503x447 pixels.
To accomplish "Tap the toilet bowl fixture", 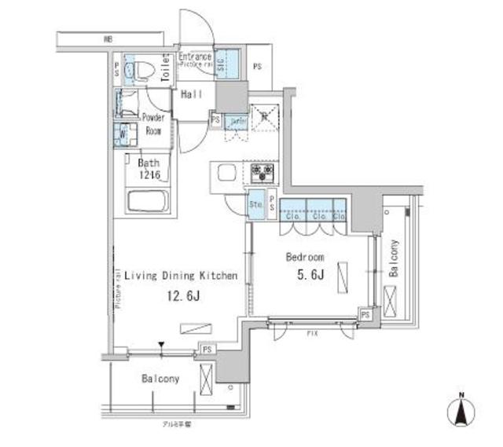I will click(138, 69).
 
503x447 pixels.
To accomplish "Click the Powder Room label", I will click(153, 124).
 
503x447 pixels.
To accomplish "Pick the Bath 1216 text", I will click(149, 169).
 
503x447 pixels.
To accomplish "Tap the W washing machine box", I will click(122, 132).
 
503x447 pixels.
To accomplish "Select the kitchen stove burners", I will click(262, 170).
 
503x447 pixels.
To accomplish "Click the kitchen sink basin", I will click(224, 174).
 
